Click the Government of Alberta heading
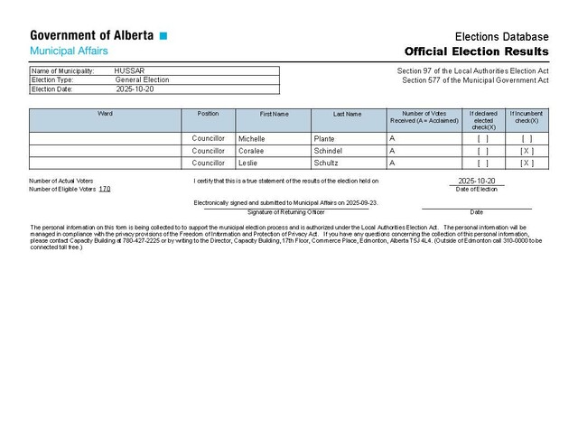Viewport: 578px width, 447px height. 92,36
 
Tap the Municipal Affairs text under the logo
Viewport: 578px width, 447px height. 70,51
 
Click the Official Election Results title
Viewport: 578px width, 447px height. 476,51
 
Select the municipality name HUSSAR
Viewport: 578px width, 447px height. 129,70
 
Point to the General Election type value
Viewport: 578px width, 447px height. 142,79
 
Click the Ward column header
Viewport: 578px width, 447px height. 105,114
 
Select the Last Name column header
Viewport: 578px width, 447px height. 347,114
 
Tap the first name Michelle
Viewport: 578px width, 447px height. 253,139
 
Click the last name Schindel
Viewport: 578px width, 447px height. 329,151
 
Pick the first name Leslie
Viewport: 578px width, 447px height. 248,163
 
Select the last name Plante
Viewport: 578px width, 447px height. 324,139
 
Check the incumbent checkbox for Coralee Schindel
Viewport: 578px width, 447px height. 527,151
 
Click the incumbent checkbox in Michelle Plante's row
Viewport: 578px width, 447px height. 527,139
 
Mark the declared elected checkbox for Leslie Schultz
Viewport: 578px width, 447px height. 482,163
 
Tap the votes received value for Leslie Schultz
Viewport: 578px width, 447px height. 392,163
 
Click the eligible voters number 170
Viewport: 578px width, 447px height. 105,189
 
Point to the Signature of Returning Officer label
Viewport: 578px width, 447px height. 285,211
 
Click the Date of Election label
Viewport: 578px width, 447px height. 476,189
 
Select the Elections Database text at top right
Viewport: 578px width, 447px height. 501,35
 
